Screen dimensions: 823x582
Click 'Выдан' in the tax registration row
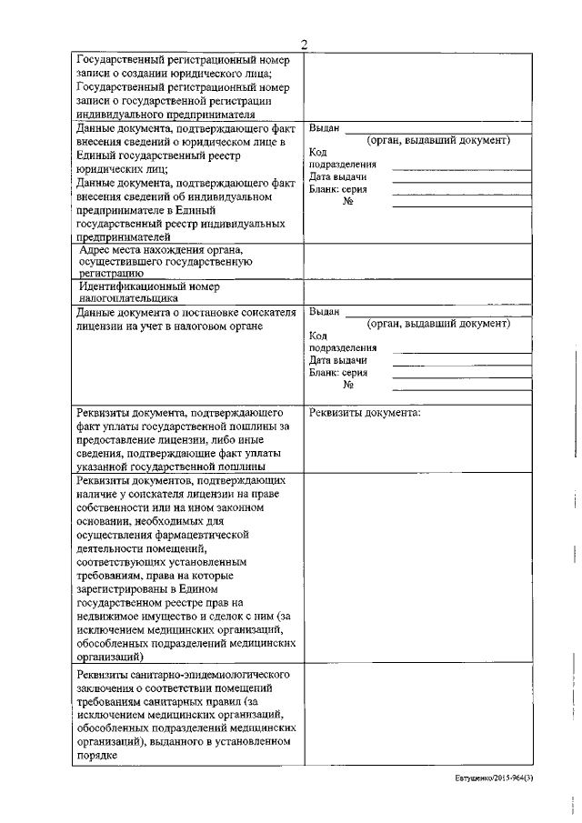coord(324,312)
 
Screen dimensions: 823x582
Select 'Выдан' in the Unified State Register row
coord(324,129)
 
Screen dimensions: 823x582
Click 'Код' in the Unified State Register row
coord(318,153)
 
